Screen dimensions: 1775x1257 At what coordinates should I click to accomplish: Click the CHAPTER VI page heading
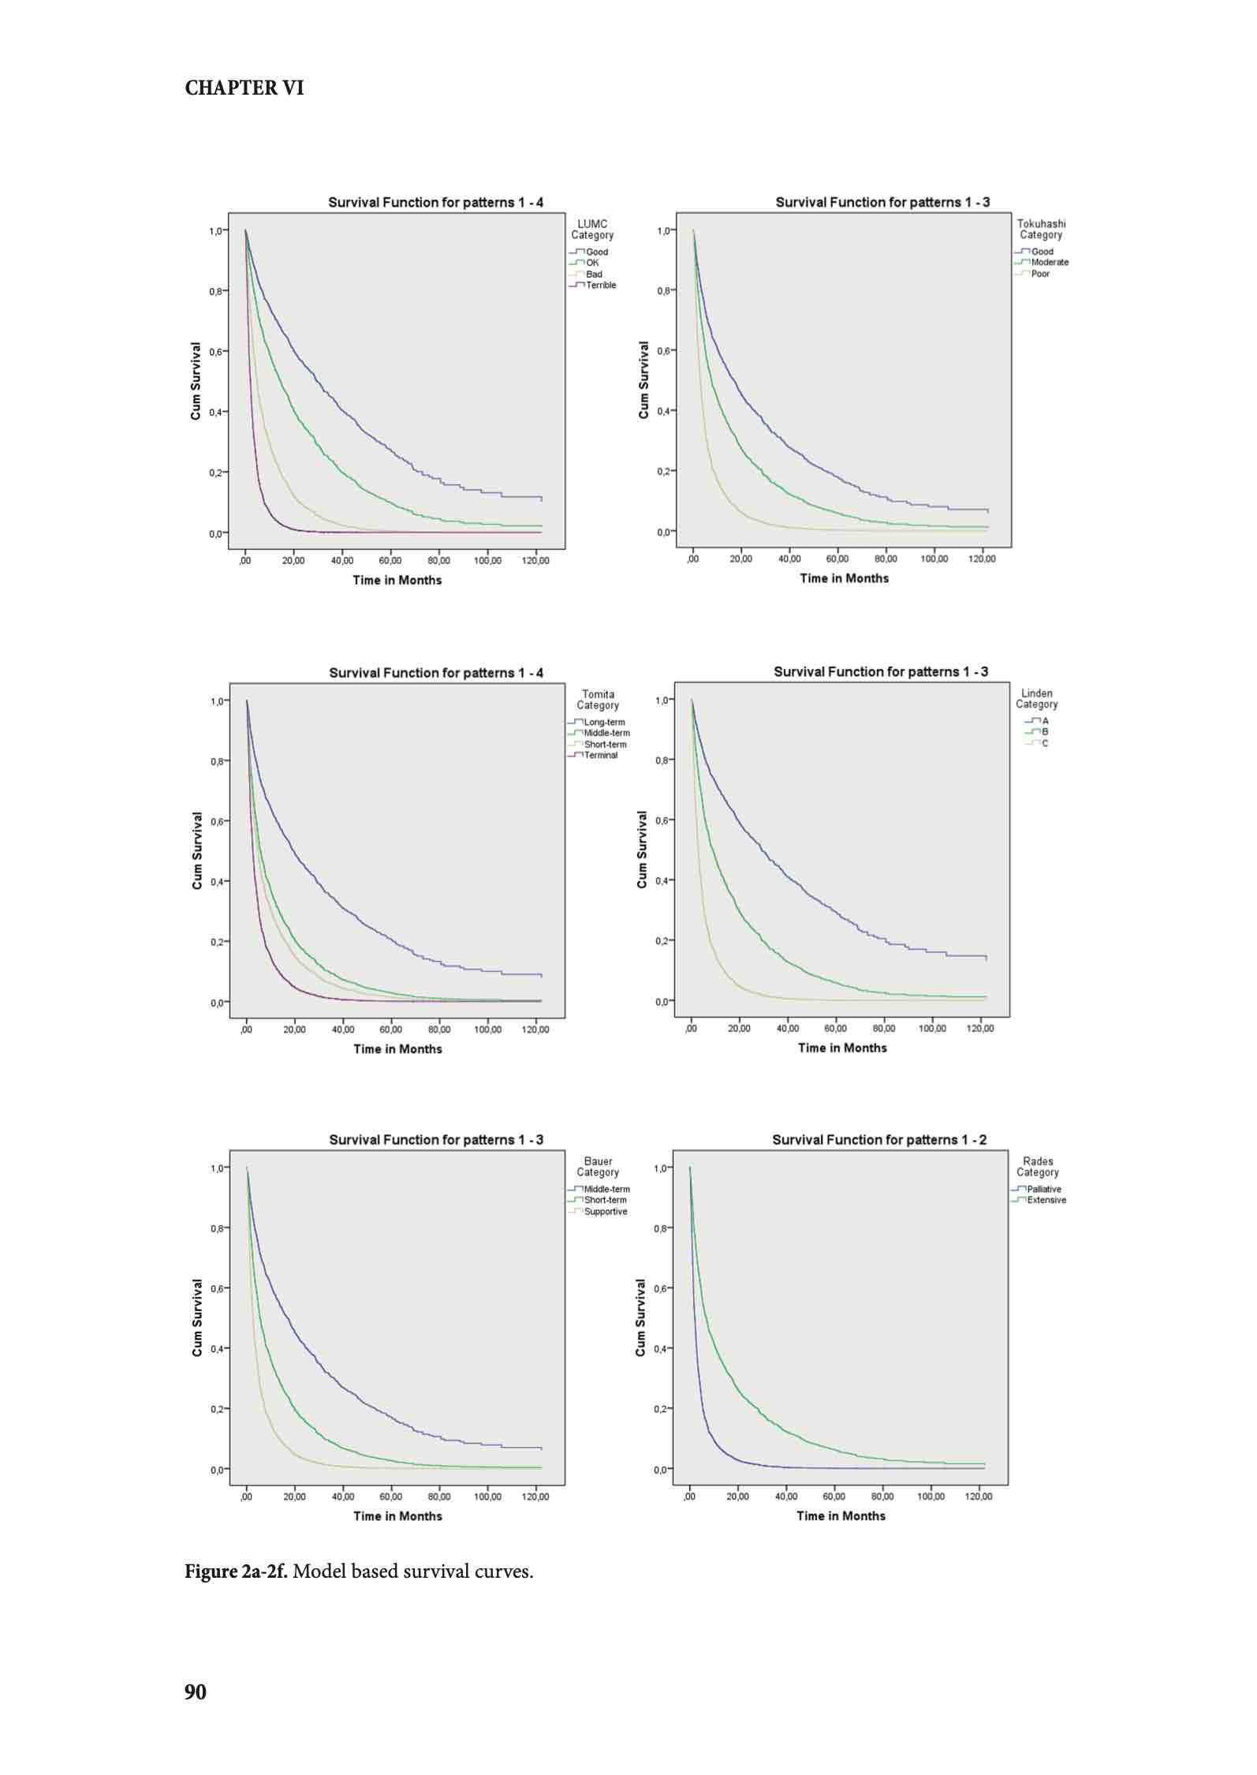click(244, 88)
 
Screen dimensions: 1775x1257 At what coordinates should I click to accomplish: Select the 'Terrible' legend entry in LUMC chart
click(600, 286)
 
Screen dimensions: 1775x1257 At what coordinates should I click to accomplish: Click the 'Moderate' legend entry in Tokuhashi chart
click(1049, 263)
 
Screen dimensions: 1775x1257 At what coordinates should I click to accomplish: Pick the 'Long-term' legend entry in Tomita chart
click(603, 723)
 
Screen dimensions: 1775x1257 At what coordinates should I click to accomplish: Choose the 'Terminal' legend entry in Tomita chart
click(600, 756)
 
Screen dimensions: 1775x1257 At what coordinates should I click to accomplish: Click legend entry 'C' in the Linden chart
click(1044, 743)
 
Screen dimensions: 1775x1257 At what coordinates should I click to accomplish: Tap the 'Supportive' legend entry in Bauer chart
click(605, 1212)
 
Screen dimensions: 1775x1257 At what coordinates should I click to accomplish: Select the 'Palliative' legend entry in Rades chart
click(1043, 1190)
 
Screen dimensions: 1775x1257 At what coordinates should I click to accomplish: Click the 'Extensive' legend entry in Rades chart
click(1046, 1201)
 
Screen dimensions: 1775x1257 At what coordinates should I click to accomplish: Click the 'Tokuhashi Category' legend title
click(1041, 230)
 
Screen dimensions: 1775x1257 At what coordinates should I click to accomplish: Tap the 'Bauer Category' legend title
click(598, 1167)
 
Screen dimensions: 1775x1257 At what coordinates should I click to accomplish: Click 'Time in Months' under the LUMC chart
click(397, 581)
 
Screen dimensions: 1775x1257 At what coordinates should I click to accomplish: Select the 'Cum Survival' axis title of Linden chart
click(642, 850)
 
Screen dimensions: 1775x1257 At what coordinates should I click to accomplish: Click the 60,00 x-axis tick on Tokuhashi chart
click(837, 559)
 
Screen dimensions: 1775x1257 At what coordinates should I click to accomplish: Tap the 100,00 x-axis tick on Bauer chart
click(487, 1497)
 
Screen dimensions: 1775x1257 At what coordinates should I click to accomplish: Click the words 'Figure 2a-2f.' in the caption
click(236, 1572)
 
